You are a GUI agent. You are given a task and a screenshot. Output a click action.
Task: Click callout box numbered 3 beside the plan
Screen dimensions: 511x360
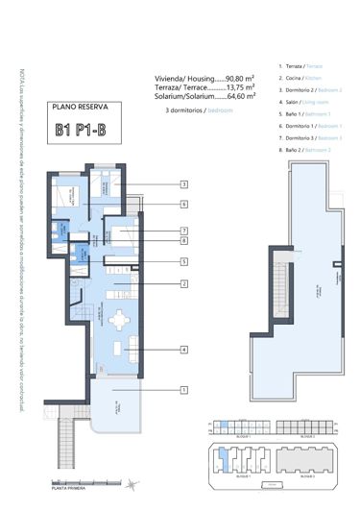[182, 183]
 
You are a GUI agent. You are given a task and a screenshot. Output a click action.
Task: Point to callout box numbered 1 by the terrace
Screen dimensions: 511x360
[182, 389]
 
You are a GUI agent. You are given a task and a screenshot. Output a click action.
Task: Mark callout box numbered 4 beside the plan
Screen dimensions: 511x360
[182, 351]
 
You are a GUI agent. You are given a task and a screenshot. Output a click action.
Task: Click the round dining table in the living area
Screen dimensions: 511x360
[119, 321]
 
